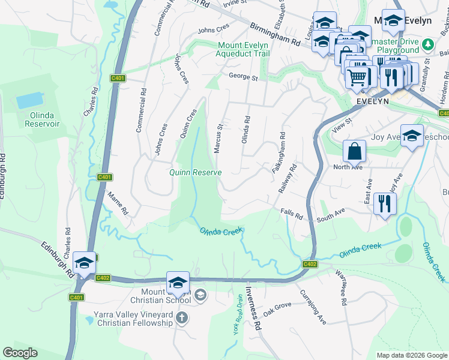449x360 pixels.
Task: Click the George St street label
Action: tap(243, 77)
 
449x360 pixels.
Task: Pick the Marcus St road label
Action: tap(219, 138)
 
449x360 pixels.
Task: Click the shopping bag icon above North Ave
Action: tap(354, 152)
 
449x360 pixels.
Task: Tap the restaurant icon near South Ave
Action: tap(384, 204)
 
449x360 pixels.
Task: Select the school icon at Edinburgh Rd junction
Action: tap(85, 263)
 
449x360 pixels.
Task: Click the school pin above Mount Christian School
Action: tap(178, 283)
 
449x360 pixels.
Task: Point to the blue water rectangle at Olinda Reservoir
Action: tap(30, 100)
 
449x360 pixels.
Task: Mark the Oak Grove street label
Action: tap(277, 309)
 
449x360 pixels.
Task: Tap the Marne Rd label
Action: tap(116, 203)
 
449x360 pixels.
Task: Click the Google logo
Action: tap(20, 353)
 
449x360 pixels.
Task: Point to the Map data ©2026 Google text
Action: tap(411, 355)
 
